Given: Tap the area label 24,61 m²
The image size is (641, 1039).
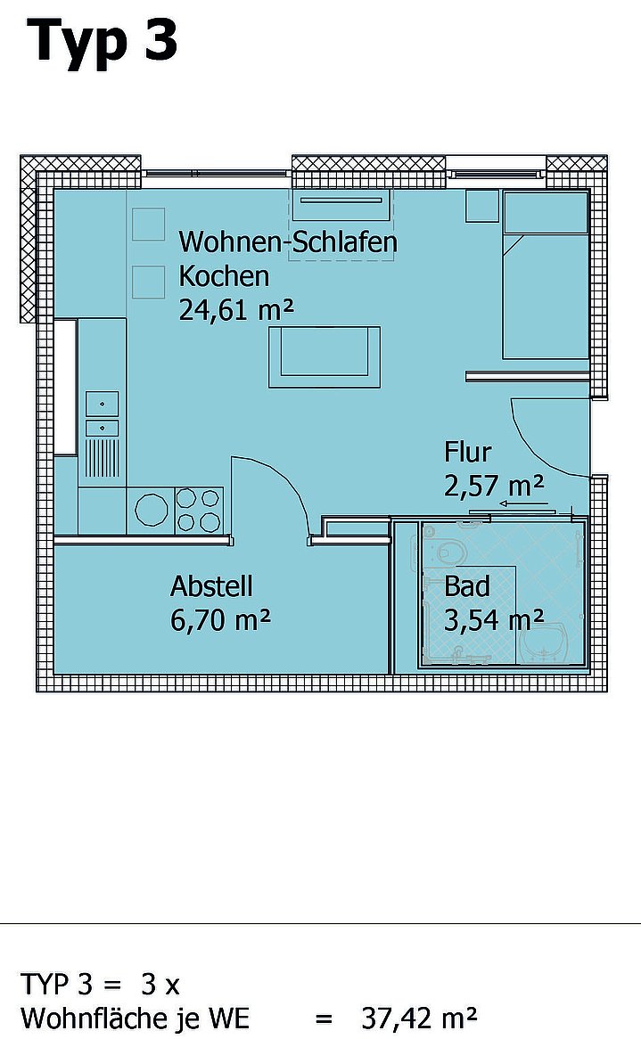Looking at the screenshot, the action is click(x=236, y=309).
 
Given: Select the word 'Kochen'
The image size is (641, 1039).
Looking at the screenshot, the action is click(x=224, y=276).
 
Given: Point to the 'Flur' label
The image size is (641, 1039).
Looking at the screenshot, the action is click(x=467, y=452).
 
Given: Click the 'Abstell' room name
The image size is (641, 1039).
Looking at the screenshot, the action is click(x=211, y=586).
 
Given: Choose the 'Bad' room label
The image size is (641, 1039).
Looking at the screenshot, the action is click(x=466, y=586).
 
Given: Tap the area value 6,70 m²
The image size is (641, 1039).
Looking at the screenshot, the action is click(x=221, y=620).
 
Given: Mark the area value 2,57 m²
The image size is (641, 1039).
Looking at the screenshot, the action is click(x=494, y=487).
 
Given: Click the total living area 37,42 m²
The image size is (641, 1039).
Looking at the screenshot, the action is click(x=419, y=1017).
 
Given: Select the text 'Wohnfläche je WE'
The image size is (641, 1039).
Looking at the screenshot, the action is click(x=136, y=1018).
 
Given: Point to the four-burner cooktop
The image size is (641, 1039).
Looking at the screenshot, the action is click(x=199, y=511).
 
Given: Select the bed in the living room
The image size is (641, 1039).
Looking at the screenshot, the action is click(x=546, y=275).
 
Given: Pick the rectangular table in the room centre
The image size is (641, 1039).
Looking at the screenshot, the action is click(x=325, y=356).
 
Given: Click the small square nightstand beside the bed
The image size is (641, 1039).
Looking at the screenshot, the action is click(x=482, y=206).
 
